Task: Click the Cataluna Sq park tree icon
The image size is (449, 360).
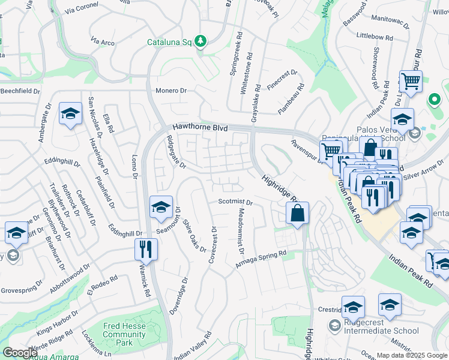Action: tap(201, 41)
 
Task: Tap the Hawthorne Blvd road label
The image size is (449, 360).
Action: tap(200, 128)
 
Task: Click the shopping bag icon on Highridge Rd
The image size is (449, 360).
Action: tap(297, 213)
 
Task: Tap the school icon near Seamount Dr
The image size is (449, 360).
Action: tap(161, 207)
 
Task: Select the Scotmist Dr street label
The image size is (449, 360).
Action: tap(235, 202)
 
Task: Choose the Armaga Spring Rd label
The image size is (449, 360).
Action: tap(261, 259)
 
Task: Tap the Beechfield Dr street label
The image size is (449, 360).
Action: tap(20, 91)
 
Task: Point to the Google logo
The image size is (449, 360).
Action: tap(20, 353)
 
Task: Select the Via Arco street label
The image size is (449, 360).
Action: tap(103, 42)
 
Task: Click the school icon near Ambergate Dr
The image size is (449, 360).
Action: tap(70, 113)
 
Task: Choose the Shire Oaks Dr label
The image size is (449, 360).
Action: tap(194, 233)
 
